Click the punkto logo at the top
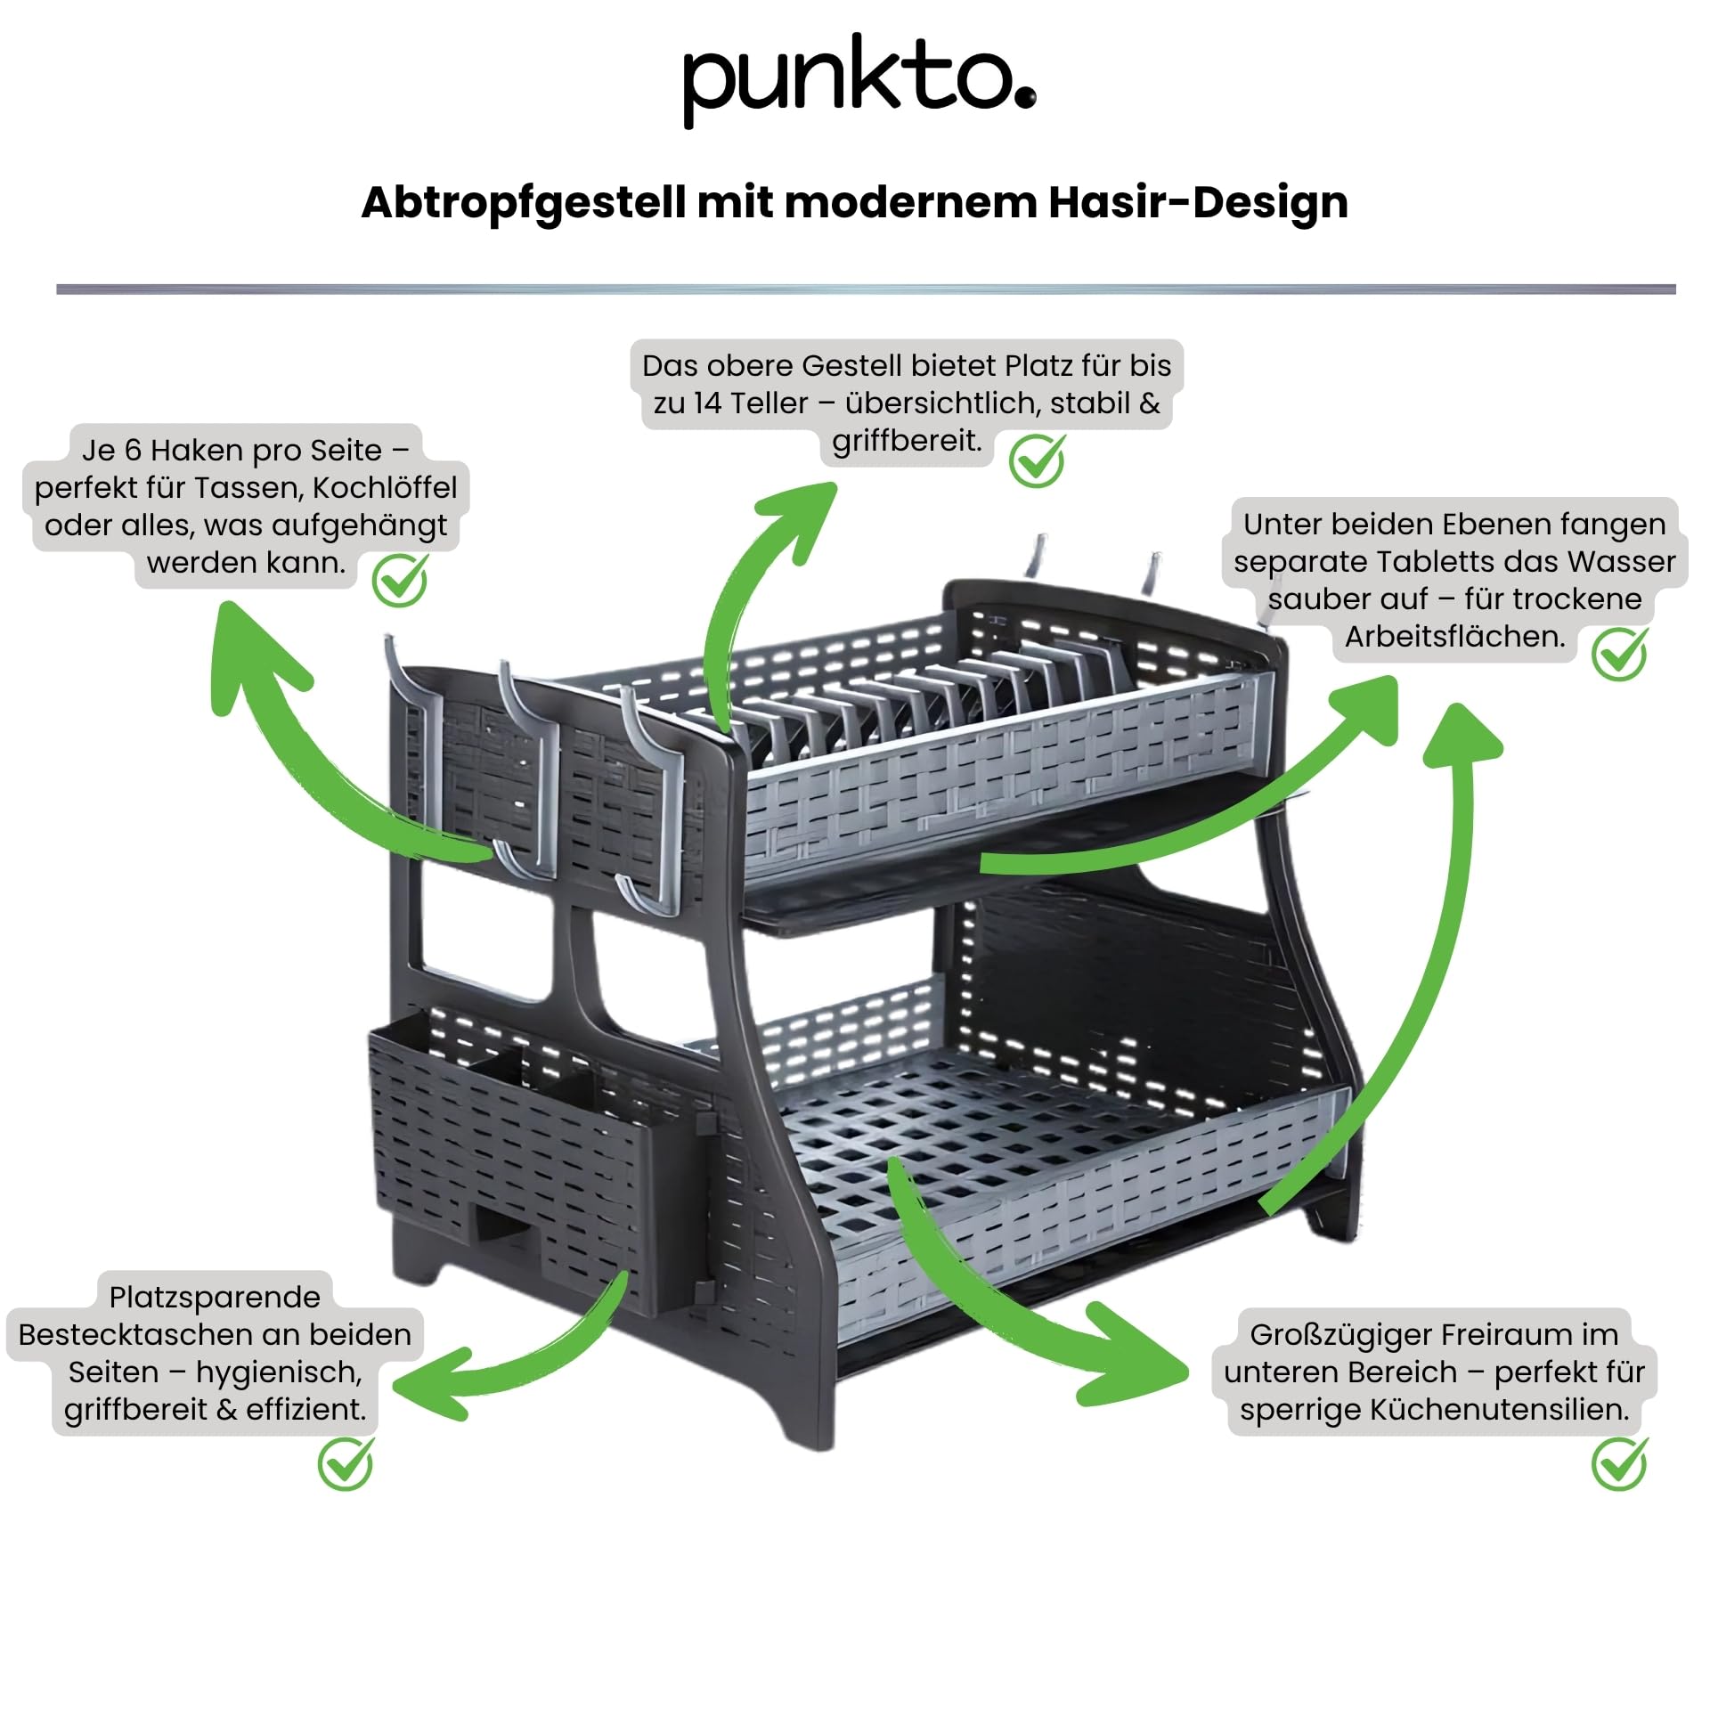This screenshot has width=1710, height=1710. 858,80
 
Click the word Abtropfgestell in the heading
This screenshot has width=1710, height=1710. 523,203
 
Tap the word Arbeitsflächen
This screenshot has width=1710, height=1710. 1454,637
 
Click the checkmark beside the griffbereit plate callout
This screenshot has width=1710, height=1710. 1037,461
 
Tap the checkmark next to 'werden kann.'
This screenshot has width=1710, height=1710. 400,581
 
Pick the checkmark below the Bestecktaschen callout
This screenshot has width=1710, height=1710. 346,1463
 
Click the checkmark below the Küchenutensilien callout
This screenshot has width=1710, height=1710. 1619,1463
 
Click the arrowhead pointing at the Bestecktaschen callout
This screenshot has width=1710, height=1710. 427,1385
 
